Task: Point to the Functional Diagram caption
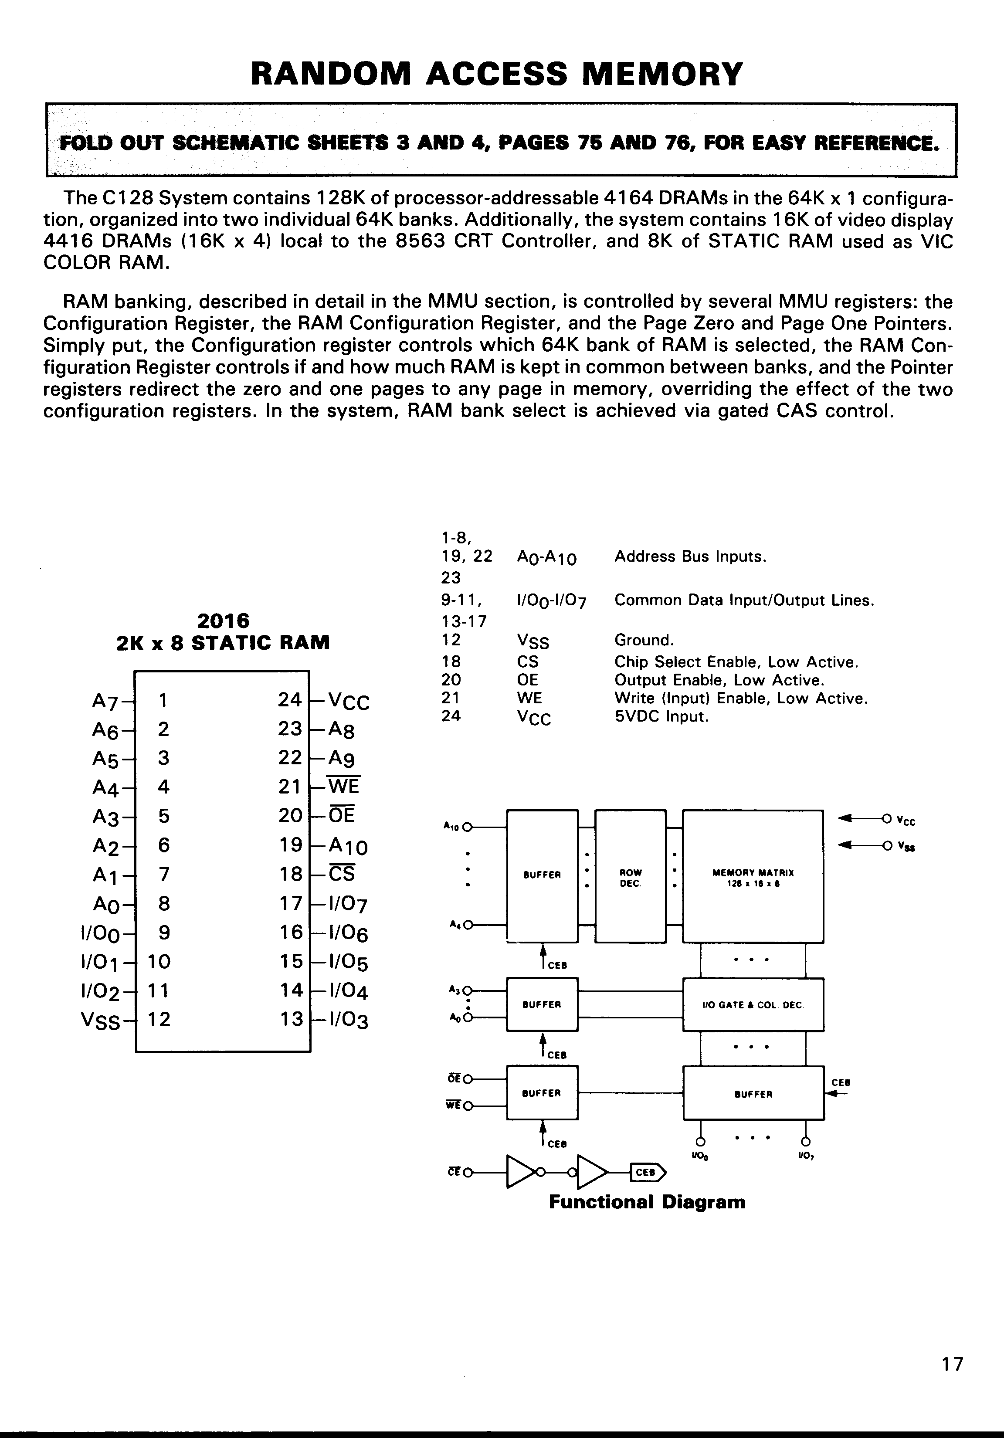point(647,1202)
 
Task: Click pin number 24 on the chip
point(289,699)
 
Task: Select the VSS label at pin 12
point(100,1021)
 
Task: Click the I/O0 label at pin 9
point(100,934)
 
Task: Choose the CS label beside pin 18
point(342,874)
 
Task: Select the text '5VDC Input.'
point(661,716)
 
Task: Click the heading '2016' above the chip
point(223,621)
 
